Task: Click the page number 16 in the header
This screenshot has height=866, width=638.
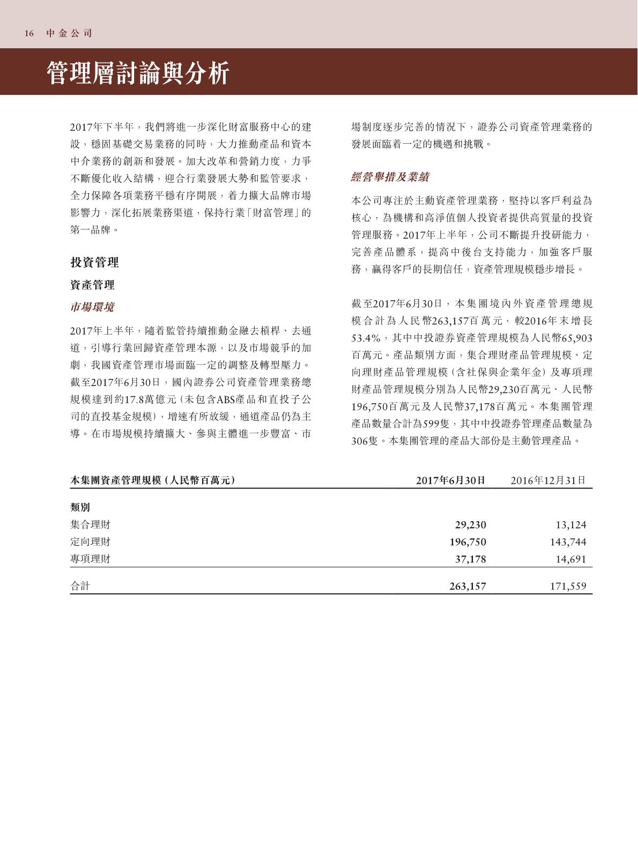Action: [x=29, y=33]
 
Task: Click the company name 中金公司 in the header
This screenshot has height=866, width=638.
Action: [x=69, y=33]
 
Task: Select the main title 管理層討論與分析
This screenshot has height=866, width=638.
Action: [x=138, y=73]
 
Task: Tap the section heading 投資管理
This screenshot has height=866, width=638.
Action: [x=94, y=262]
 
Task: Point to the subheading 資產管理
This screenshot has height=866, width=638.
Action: [x=92, y=285]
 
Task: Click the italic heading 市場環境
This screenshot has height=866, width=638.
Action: [x=92, y=307]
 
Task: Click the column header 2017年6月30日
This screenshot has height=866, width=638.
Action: [x=451, y=480]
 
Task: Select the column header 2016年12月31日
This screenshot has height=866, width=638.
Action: [x=548, y=480]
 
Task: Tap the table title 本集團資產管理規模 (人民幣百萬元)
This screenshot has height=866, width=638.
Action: [x=153, y=480]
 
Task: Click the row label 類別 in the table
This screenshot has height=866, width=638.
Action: [x=80, y=507]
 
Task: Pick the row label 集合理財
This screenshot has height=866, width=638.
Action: [x=90, y=524]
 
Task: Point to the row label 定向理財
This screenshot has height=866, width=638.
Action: [x=90, y=542]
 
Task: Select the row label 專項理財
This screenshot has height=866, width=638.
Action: [x=90, y=559]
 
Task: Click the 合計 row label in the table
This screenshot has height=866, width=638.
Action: [x=80, y=586]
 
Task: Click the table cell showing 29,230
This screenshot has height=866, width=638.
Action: [x=470, y=524]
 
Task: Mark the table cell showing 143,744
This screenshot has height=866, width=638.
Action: [x=568, y=542]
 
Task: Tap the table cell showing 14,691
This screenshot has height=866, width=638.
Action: [x=570, y=559]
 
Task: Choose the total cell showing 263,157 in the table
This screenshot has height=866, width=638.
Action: [x=468, y=586]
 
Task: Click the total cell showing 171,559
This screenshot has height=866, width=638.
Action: [x=568, y=586]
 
